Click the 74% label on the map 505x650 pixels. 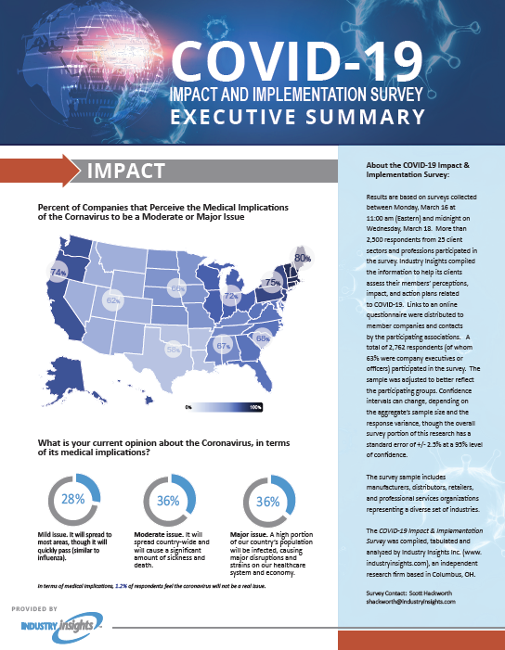point(58,273)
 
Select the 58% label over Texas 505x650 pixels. point(173,350)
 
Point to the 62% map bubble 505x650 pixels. point(113,301)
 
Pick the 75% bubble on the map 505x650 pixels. point(273,281)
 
